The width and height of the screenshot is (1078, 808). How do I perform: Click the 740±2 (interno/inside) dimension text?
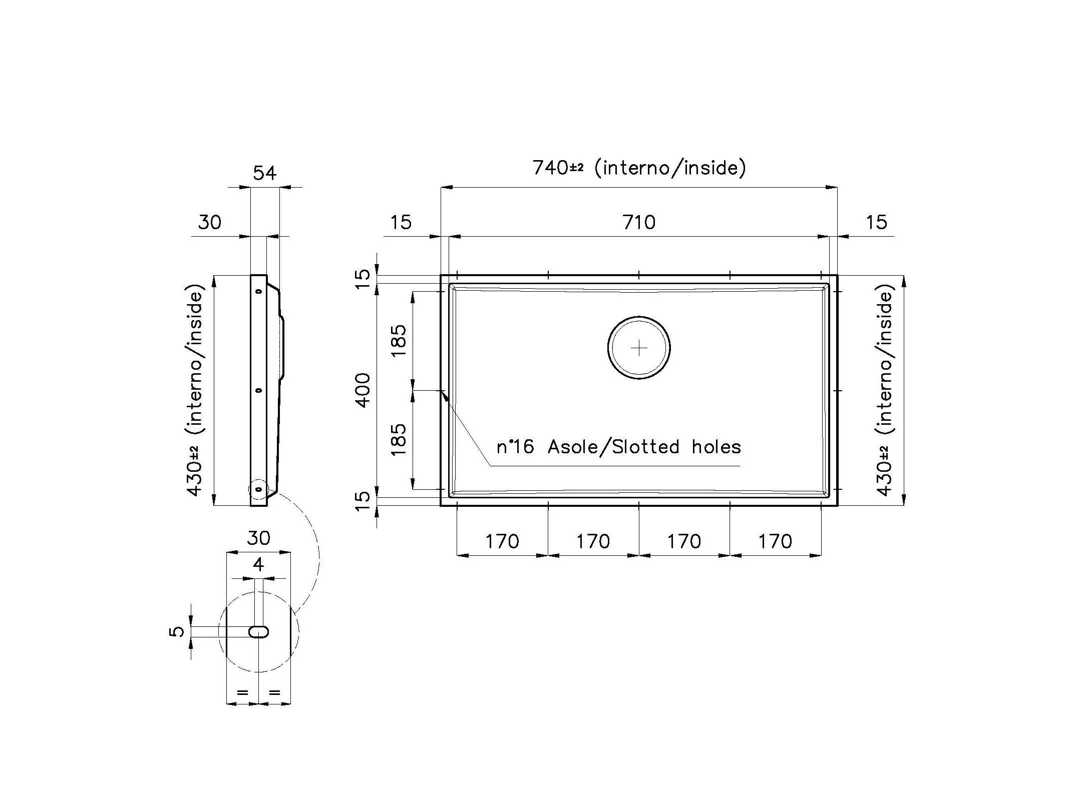pos(639,168)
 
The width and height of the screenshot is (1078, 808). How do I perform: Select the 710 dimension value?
pos(639,222)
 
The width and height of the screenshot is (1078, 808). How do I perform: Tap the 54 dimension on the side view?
pos(264,173)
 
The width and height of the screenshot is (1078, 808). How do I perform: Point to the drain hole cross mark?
pos(639,348)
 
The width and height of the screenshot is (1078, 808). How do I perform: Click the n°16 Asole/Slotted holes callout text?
pos(618,447)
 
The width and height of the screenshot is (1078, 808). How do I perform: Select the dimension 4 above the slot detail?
pos(258,565)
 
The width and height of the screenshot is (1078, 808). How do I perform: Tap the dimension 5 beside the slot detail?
pos(177,632)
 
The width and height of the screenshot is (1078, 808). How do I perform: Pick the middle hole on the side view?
pos(259,390)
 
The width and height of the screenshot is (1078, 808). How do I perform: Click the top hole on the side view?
pos(259,291)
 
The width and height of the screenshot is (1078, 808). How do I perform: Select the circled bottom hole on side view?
pos(258,490)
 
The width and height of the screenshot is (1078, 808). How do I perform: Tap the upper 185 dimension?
pos(400,341)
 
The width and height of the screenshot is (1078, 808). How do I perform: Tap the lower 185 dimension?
pos(400,440)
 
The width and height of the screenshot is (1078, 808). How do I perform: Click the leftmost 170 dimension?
pos(502,541)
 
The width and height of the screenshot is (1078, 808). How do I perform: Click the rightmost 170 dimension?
pos(775,541)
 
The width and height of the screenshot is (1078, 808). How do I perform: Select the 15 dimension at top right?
pos(876,222)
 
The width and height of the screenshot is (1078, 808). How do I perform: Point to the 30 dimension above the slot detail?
pos(258,538)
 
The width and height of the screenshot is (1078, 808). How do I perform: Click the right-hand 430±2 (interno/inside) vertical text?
pos(885,390)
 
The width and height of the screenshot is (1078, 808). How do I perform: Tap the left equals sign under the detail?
pos(242,693)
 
